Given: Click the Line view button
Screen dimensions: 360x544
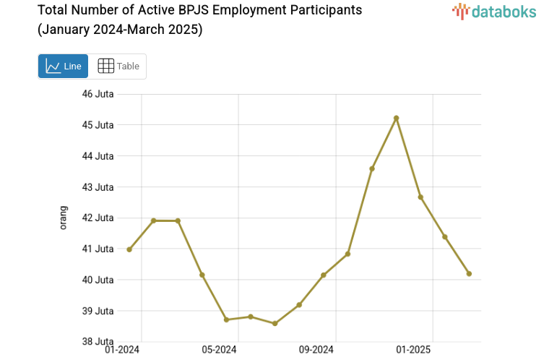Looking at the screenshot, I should (63, 66).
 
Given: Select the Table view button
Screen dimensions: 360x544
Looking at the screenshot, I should (118, 66).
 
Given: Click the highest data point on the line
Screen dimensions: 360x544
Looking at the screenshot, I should (396, 118).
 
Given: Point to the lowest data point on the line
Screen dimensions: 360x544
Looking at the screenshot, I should (275, 323).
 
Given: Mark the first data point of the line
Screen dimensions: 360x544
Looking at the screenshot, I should (129, 249).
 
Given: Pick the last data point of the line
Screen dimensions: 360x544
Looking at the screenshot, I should (469, 273).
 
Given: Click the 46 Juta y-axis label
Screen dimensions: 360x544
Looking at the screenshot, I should (98, 94).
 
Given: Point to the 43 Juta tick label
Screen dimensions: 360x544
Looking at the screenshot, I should (98, 187).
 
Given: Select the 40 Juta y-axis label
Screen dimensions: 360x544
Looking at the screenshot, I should (98, 280).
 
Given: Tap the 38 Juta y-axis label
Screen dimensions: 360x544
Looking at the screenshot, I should (98, 341).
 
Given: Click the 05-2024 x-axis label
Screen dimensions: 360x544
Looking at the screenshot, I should (219, 351).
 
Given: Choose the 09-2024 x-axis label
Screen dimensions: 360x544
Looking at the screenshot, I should (316, 351).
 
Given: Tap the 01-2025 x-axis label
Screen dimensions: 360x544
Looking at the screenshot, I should (413, 351).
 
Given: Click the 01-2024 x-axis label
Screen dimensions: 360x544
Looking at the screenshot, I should (122, 351).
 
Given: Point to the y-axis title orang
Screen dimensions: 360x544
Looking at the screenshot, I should (63, 218).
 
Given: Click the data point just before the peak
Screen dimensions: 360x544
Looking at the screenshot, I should (372, 168).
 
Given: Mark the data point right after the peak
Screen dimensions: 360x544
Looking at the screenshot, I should (420, 197).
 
